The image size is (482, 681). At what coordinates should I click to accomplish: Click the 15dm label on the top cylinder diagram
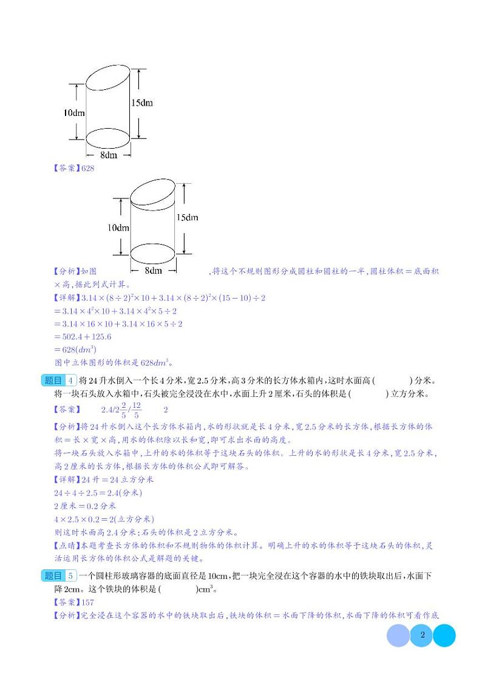click(x=142, y=103)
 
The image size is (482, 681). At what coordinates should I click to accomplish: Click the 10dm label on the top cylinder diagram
click(x=74, y=113)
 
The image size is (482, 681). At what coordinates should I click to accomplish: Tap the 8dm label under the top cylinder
click(x=109, y=155)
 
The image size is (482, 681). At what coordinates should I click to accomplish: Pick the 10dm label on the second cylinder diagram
click(x=119, y=228)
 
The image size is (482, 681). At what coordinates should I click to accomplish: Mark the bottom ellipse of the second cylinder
click(x=153, y=251)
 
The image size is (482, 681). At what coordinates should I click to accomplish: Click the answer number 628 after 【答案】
click(x=87, y=169)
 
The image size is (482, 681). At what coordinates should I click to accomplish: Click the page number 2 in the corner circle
click(x=421, y=635)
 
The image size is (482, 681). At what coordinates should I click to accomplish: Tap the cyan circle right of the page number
click(x=443, y=635)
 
